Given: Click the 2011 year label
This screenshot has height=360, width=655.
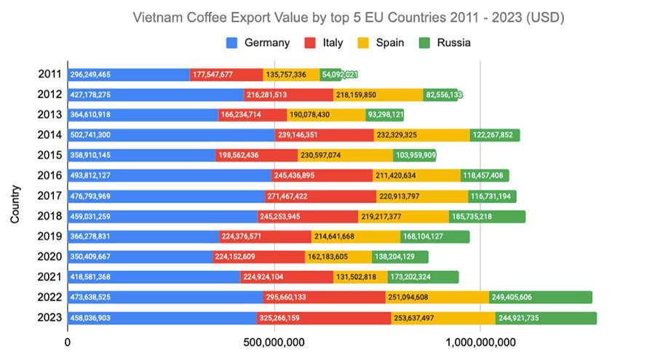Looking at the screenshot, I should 49,74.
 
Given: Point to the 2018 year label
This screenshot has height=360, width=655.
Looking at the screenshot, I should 49,217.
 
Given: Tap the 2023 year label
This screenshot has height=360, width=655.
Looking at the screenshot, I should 49,319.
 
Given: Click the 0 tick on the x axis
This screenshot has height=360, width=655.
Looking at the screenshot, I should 68,343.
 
